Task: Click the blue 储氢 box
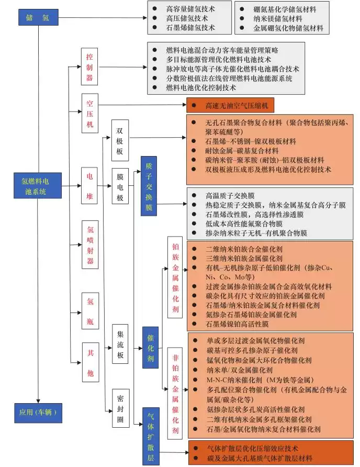(x=39, y=17)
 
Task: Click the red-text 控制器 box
(x=89, y=67)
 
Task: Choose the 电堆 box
(x=89, y=185)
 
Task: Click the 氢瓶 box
(x=89, y=312)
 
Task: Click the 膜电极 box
(x=120, y=187)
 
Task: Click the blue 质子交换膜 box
(x=149, y=186)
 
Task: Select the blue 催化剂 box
(x=150, y=347)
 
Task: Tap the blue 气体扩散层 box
(x=150, y=436)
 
